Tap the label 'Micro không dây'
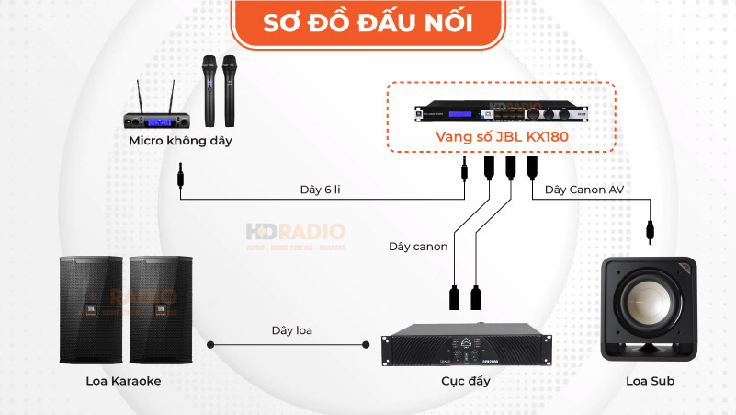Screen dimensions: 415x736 180,141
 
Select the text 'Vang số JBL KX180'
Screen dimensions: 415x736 499,137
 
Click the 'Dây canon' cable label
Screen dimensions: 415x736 418,247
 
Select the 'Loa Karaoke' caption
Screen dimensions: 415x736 123,380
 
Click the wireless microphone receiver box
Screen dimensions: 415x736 161,120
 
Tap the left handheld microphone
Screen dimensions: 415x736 208,90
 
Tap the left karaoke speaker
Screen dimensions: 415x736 91,308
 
